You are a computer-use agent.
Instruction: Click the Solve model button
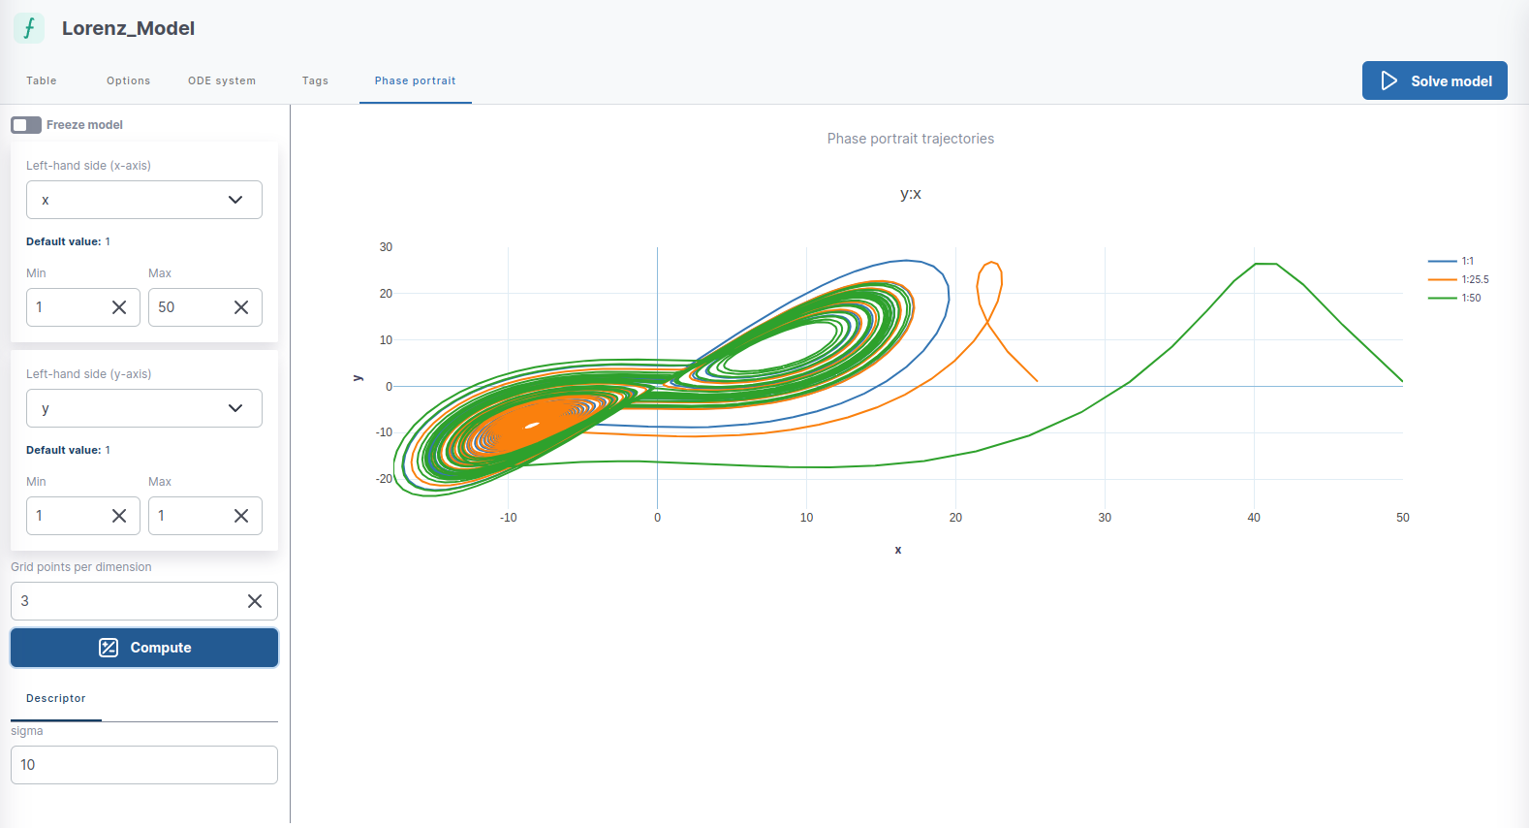(x=1434, y=80)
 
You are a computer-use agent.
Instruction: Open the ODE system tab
(x=222, y=80)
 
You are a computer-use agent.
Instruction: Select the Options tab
(x=128, y=80)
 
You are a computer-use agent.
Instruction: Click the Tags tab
(x=315, y=80)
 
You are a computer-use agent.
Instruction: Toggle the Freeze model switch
(x=26, y=125)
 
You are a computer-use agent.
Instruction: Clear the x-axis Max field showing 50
(x=241, y=307)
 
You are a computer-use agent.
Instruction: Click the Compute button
(x=144, y=648)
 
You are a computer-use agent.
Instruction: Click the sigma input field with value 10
(x=143, y=765)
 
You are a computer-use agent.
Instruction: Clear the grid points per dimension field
(x=255, y=601)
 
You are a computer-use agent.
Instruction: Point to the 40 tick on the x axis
(x=1254, y=518)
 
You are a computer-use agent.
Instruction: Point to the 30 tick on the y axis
(x=386, y=247)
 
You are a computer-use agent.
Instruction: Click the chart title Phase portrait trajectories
(x=910, y=139)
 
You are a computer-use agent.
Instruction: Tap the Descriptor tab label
(x=56, y=698)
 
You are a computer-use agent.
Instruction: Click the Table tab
(x=42, y=80)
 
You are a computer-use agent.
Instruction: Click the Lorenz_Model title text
(x=128, y=28)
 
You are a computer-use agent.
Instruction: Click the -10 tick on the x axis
(x=508, y=518)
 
